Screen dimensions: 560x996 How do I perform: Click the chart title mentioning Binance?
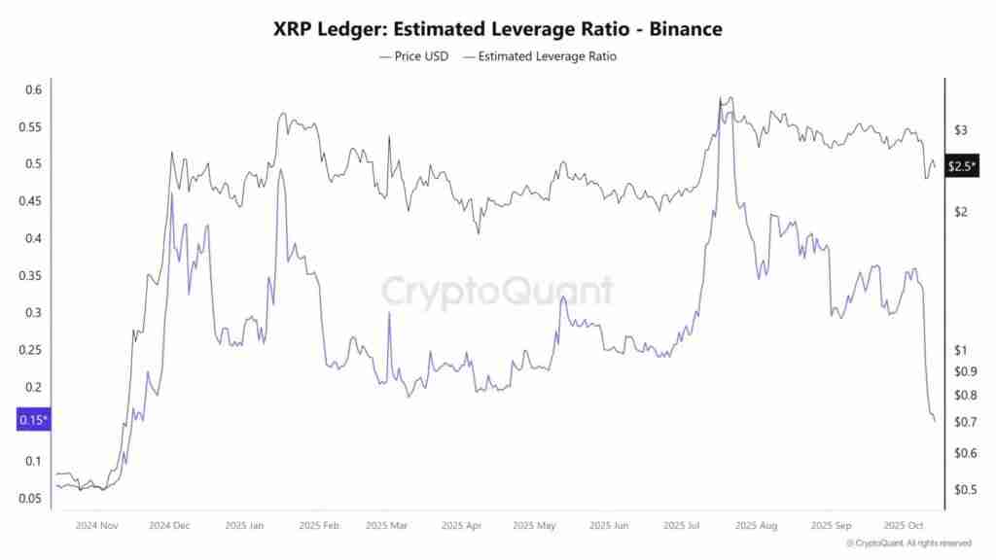(498, 29)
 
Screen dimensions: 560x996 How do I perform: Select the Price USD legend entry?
(413, 56)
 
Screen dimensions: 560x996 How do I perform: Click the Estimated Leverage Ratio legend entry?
(540, 56)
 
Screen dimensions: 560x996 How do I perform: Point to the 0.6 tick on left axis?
(33, 89)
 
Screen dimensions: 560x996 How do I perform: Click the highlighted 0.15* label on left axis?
(33, 420)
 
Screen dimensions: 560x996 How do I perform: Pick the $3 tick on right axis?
(960, 130)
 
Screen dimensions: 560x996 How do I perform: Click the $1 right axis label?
(960, 350)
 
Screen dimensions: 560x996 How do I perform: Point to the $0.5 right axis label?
(964, 490)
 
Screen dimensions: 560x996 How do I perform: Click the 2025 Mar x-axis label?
(387, 525)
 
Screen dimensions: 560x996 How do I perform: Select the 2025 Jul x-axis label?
(683, 525)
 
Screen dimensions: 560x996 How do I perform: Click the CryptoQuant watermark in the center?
(497, 291)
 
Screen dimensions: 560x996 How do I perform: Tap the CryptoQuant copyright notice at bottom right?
(907, 542)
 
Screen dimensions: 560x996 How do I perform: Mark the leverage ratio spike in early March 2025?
(389, 314)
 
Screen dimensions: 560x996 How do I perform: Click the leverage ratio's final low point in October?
(935, 421)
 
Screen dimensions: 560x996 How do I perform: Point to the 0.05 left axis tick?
(29, 498)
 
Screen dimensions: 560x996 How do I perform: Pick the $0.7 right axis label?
(964, 422)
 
